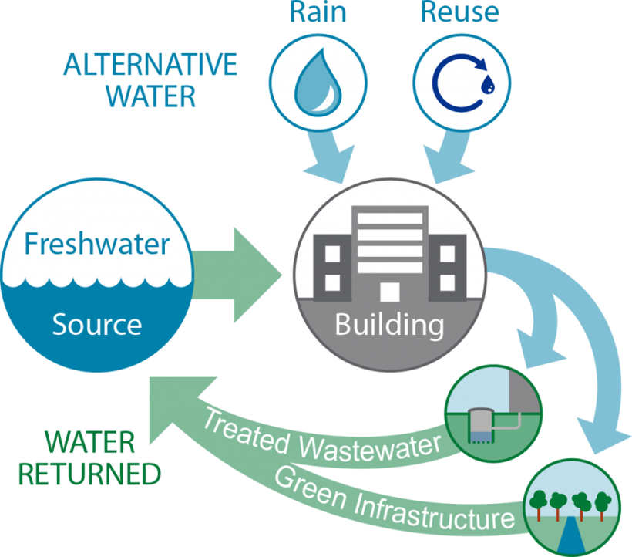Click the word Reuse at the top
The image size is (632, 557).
(459, 13)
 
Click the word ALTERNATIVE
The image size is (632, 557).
(151, 66)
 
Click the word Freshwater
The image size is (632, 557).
(96, 245)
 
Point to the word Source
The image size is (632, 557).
(96, 324)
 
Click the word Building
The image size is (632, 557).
(389, 324)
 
